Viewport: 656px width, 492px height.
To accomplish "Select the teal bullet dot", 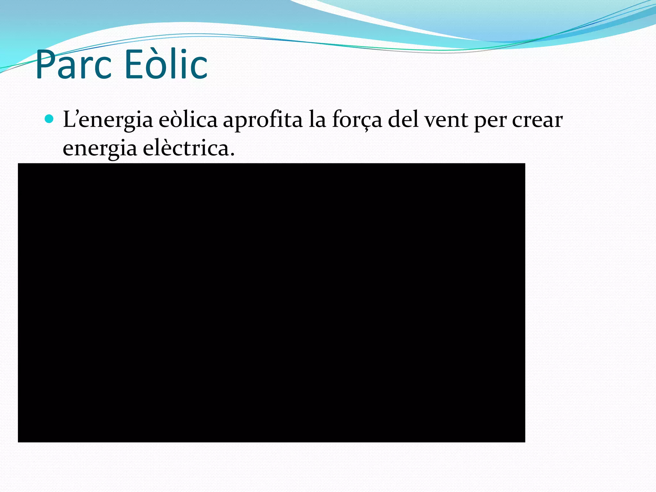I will (49, 119).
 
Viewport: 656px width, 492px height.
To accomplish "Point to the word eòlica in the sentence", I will (188, 119).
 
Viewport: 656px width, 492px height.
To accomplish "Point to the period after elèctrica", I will (232, 154).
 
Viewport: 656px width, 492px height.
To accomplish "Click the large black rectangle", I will (271, 303).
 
